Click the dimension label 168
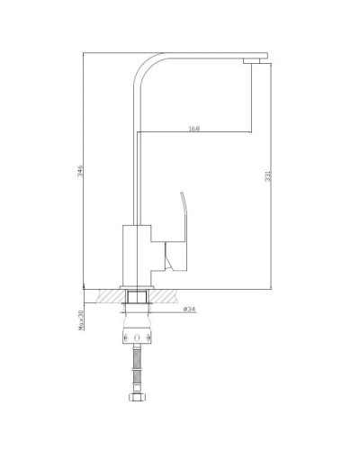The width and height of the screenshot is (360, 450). click(194, 127)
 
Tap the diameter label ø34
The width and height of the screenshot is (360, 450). click(190, 310)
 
